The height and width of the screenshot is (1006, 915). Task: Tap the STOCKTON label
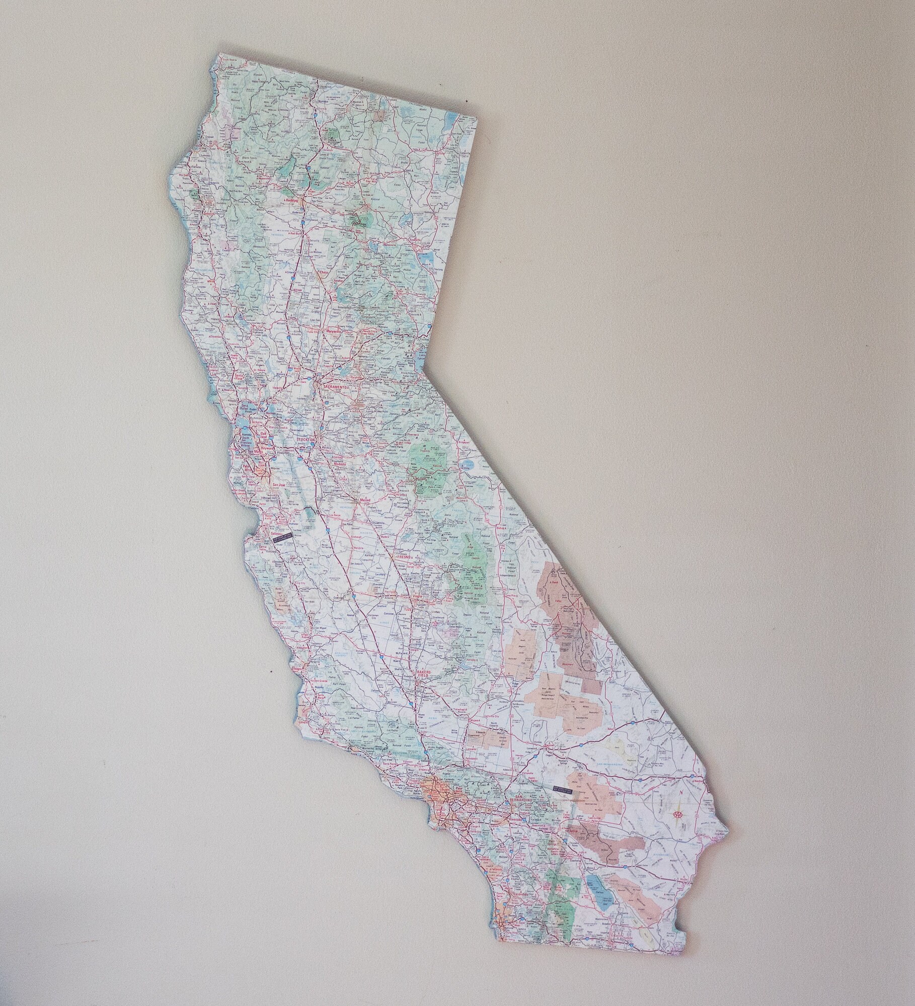307,439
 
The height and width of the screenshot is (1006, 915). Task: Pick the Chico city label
323,273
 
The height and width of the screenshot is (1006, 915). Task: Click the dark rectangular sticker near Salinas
282,537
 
